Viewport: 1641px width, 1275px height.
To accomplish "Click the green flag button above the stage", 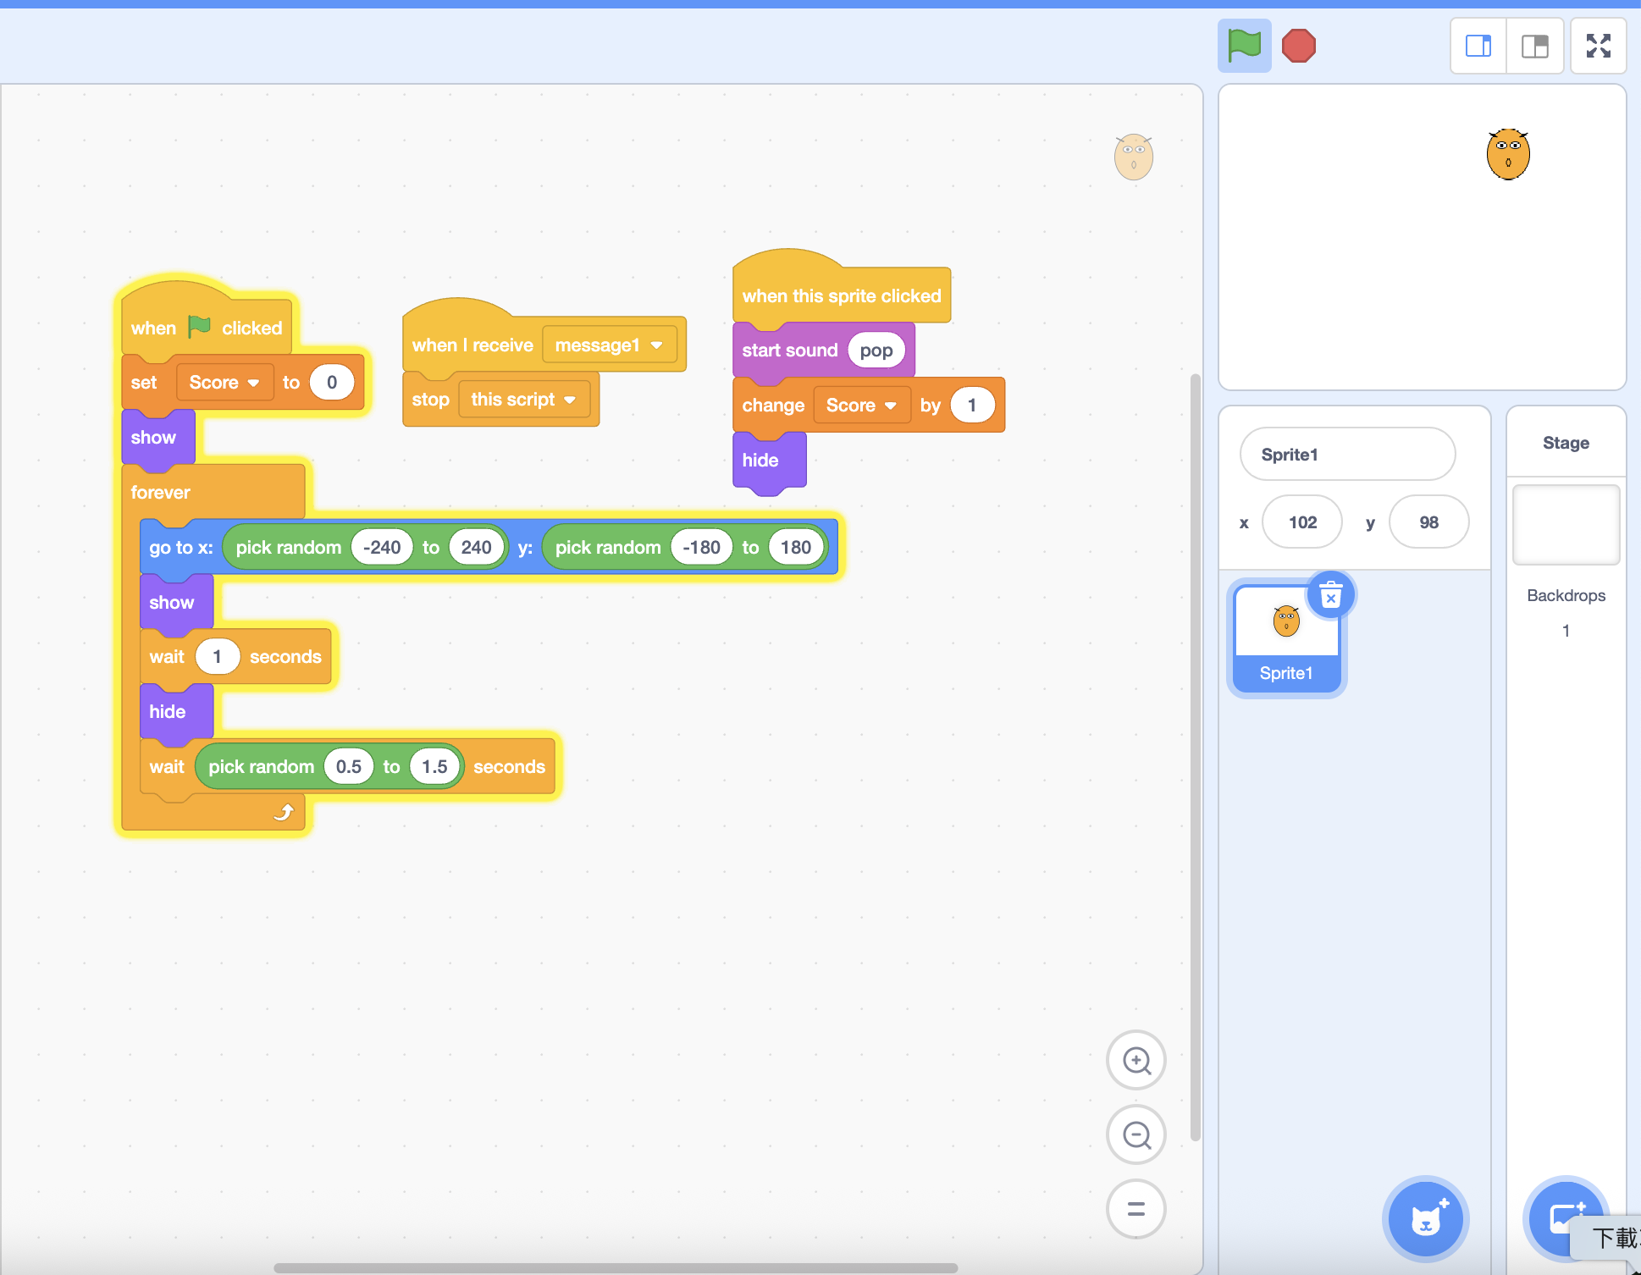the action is click(1244, 46).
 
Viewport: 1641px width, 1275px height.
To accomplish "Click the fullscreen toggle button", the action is click(1598, 46).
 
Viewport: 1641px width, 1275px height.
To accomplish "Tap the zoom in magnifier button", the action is click(1135, 1060).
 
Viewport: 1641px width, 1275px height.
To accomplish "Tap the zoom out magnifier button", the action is click(1135, 1134).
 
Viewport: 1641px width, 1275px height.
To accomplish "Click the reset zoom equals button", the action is click(1135, 1209).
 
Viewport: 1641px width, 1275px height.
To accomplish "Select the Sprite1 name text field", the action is click(1346, 455).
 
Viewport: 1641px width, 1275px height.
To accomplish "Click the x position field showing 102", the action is click(1301, 522).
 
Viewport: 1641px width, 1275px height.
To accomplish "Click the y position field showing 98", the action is click(1428, 522).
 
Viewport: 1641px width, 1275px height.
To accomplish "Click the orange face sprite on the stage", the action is click(1508, 155).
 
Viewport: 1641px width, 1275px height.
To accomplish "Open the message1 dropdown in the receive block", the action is click(656, 345).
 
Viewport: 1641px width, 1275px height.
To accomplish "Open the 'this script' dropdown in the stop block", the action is click(570, 400).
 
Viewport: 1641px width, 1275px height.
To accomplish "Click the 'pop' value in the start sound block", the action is click(876, 350).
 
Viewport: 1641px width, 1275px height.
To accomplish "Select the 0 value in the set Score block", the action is click(331, 383).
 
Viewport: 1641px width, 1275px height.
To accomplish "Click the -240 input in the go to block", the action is click(381, 548).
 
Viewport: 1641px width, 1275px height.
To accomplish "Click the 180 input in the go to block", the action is click(795, 548).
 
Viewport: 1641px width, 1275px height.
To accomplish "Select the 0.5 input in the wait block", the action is click(348, 767).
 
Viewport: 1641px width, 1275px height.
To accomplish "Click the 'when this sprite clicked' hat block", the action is click(841, 295).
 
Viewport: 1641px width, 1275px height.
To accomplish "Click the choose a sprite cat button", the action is click(1425, 1220).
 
